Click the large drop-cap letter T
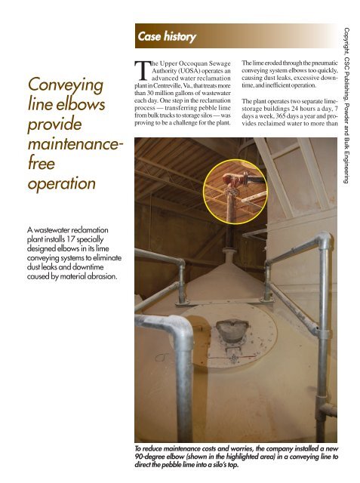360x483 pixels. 140,70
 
